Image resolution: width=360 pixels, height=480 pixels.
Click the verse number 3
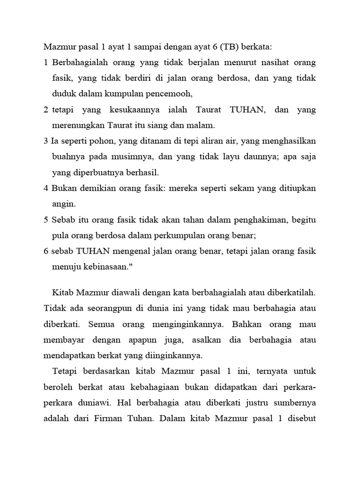pos(45,142)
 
